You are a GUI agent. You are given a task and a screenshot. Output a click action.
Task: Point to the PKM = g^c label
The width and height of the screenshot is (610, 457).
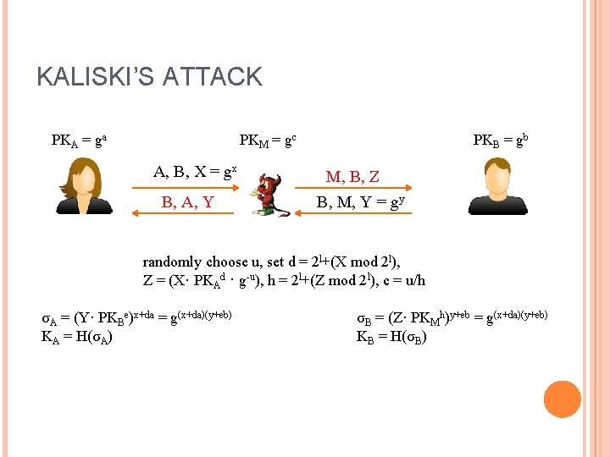point(268,140)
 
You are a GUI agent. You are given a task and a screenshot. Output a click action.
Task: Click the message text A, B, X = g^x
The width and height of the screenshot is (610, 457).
point(195,172)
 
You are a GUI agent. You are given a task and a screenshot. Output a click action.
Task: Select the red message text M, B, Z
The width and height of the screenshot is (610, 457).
point(352,177)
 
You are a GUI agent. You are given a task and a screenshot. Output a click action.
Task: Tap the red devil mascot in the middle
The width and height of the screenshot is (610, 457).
point(269,195)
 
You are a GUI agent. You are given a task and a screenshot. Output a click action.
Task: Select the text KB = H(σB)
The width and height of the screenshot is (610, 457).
point(392,336)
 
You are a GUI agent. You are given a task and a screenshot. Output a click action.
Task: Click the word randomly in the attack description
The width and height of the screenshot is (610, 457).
point(172,262)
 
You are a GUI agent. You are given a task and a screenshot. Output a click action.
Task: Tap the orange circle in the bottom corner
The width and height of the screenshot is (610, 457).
point(562,399)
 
